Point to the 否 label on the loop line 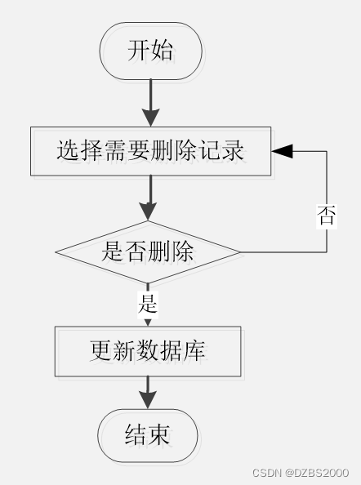point(327,216)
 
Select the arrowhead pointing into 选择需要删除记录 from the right point(282,151)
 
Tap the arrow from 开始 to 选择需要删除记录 point(150,103)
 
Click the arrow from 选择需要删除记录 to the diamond point(149,198)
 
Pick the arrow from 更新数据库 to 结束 point(148,393)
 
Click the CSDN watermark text point(266,473)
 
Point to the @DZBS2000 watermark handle point(317,473)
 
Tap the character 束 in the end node point(158,434)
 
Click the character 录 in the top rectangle point(233,150)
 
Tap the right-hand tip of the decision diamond point(240,252)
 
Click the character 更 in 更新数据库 point(101,350)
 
